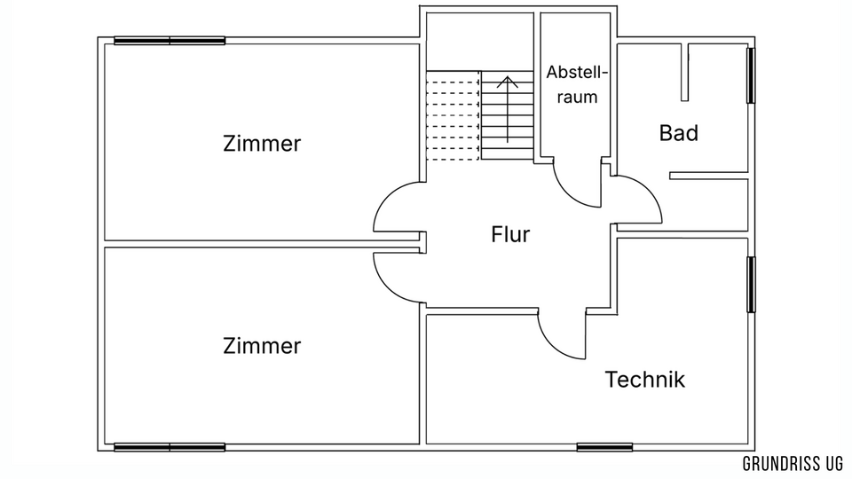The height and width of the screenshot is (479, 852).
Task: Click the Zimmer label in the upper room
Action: coord(262,144)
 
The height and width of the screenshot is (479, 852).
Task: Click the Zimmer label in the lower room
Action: coord(262,345)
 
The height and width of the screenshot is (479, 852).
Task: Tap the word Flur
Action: coord(510,234)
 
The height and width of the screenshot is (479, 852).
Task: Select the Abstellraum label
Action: coord(577,84)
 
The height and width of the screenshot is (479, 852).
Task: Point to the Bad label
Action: coord(679,133)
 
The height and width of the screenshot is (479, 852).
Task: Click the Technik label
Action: coord(645,379)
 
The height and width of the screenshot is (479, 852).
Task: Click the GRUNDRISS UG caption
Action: coord(793,463)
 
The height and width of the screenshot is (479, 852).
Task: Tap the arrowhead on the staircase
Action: coord(508,82)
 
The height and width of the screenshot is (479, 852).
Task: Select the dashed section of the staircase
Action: coord(454,115)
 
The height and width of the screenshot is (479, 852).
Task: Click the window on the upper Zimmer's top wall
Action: coord(170,41)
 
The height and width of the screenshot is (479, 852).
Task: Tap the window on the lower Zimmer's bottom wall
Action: coord(170,447)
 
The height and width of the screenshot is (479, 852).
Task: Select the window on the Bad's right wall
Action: coord(751,75)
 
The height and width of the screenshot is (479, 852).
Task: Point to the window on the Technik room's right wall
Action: coord(751,285)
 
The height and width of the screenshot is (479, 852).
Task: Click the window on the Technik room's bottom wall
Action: coord(604,447)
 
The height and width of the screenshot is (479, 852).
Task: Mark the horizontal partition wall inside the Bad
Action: coord(708,176)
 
